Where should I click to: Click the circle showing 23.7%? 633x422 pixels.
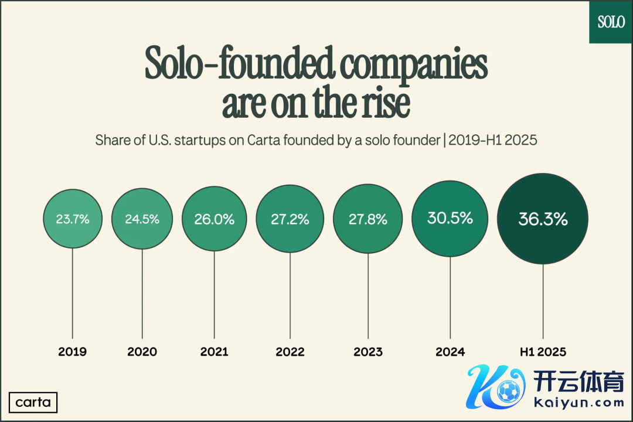(x=73, y=219)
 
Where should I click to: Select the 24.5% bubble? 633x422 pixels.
(x=142, y=219)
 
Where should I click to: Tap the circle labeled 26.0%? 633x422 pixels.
(x=215, y=219)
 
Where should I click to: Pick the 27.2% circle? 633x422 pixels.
(x=290, y=219)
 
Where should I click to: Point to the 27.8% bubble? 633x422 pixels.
(x=368, y=219)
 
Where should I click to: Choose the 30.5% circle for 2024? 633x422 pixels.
(x=450, y=218)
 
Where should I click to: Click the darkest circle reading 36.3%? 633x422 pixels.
(x=543, y=219)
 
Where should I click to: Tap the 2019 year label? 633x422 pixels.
(x=73, y=352)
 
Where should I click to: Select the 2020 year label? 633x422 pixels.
(x=142, y=352)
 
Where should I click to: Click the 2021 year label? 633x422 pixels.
(x=215, y=352)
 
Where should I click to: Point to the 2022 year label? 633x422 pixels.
(x=290, y=352)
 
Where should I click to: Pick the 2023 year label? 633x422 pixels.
(x=368, y=352)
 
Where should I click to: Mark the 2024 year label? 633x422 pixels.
(x=450, y=352)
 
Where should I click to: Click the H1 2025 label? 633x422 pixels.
(x=543, y=352)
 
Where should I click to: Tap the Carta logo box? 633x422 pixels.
(x=33, y=403)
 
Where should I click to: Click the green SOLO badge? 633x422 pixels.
(x=611, y=22)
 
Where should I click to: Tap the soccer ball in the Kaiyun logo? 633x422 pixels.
(x=507, y=389)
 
